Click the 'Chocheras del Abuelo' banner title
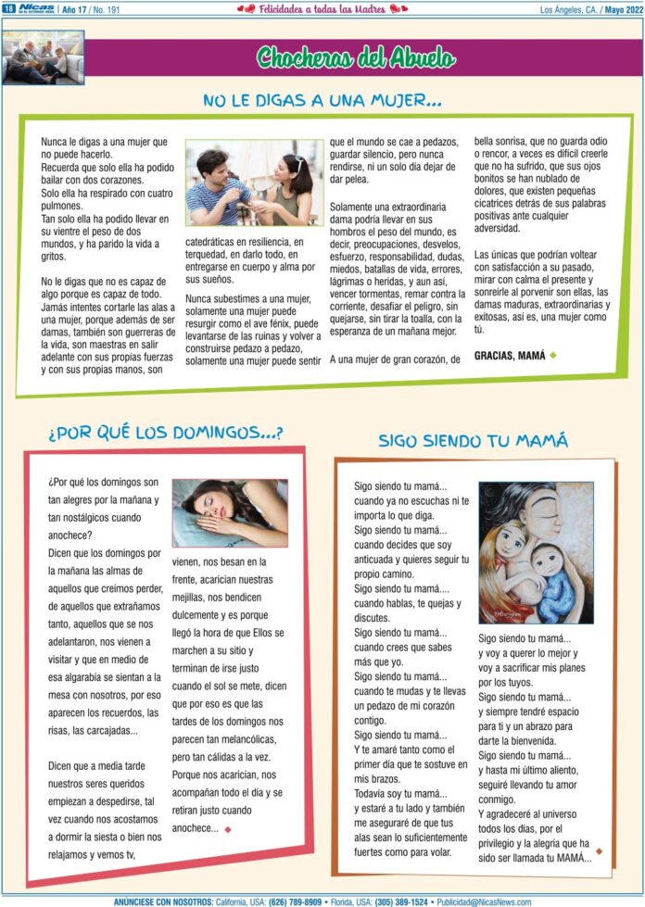[356, 58]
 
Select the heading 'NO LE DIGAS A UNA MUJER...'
[322, 99]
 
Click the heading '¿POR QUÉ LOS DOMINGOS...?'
[166, 433]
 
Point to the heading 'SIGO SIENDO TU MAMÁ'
[473, 440]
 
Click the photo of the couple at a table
[254, 183]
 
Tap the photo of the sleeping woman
[230, 512]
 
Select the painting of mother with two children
[536, 552]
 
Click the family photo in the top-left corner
[43, 57]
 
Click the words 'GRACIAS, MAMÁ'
[510, 355]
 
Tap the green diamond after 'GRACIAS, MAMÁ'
[553, 355]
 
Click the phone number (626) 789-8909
[297, 901]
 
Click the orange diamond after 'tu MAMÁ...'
[599, 850]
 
